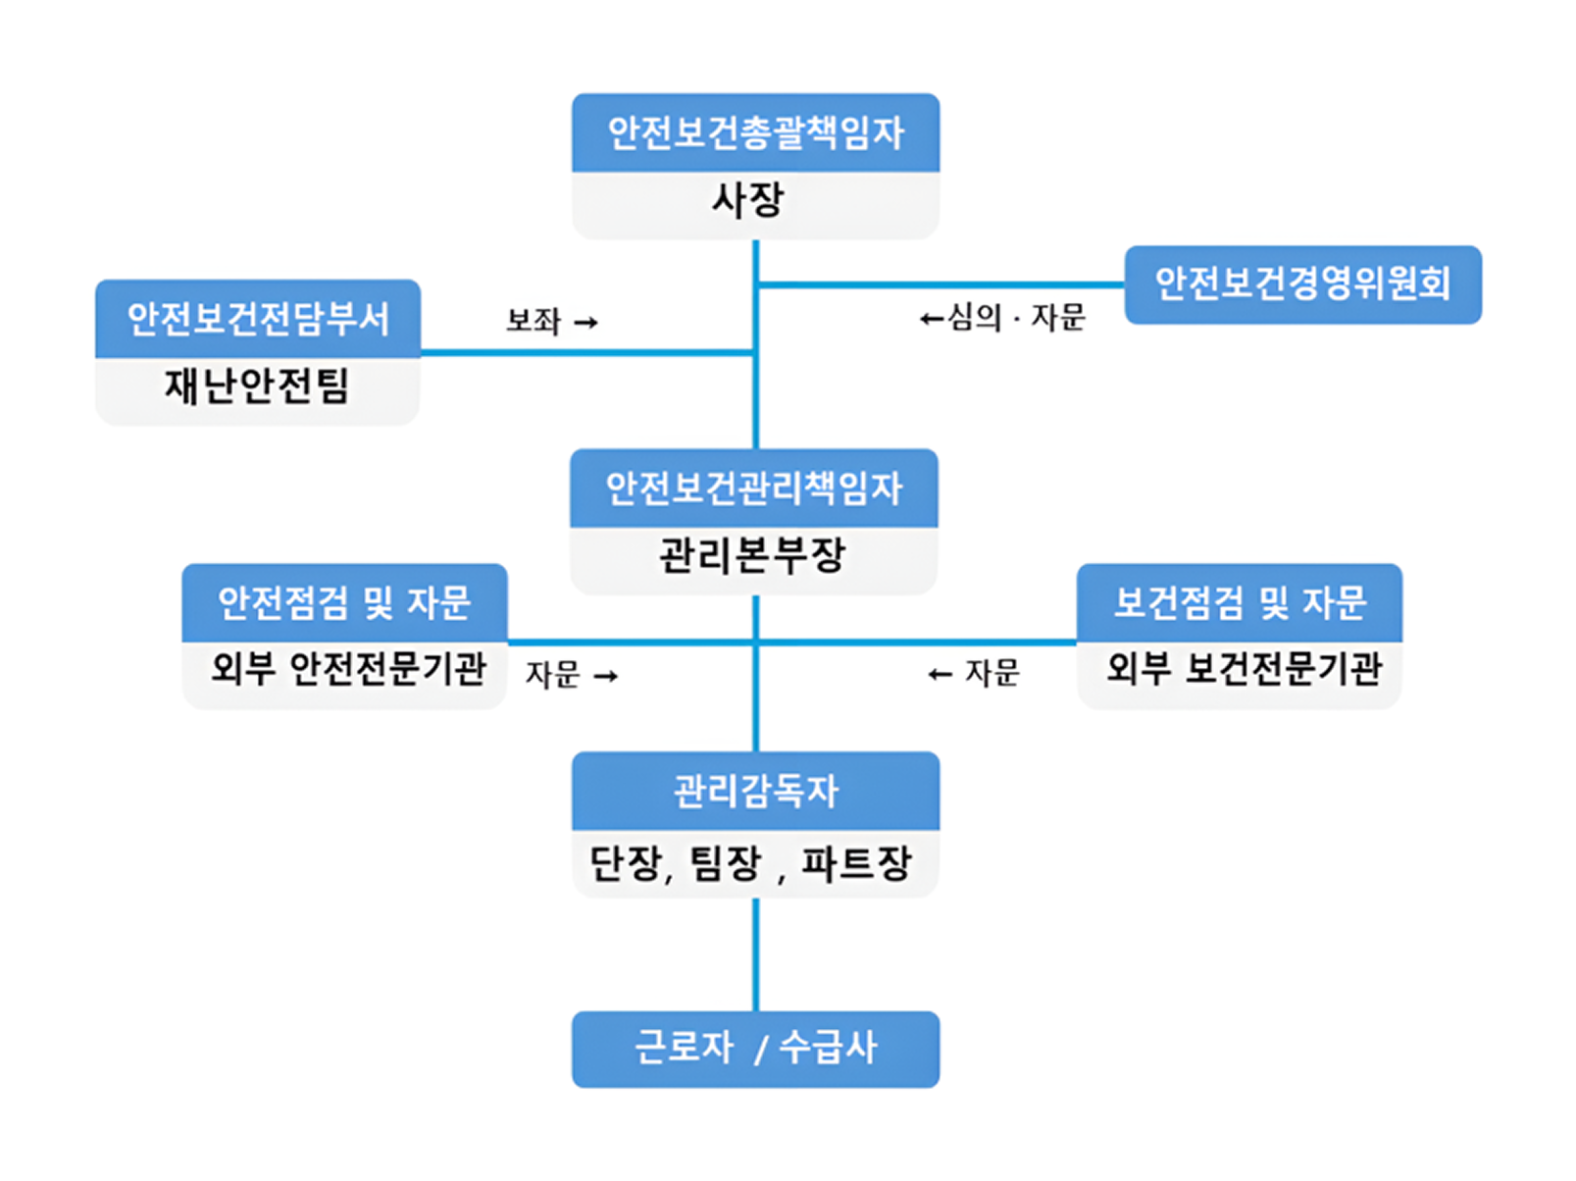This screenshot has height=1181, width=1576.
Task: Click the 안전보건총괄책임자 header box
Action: [x=755, y=132]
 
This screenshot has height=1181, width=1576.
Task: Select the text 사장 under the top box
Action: [x=747, y=201]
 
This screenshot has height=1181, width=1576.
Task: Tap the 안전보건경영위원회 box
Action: [x=1302, y=283]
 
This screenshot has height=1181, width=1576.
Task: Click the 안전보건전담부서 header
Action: [x=258, y=319]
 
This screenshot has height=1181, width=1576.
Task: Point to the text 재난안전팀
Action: [x=257, y=385]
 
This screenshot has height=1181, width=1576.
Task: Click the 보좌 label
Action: [x=533, y=321]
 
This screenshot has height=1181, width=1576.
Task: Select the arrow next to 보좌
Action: [x=585, y=323]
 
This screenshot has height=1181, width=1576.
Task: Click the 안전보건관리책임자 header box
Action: [x=753, y=488]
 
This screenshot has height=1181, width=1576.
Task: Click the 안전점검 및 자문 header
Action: [x=344, y=602]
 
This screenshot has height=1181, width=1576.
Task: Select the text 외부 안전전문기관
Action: [x=348, y=670]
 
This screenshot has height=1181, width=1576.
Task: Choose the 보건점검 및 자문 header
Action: [x=1240, y=602]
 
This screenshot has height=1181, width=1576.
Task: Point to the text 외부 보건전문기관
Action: [x=1244, y=670]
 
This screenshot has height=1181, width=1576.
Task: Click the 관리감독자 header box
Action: [x=755, y=791]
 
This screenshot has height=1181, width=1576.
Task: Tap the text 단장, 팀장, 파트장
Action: [x=751, y=864]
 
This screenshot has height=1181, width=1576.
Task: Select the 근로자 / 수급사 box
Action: [x=755, y=1049]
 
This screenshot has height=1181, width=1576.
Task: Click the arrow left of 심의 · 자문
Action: [x=932, y=319]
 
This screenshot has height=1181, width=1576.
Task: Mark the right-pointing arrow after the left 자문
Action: [x=606, y=676]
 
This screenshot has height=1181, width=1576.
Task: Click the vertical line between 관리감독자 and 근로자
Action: [x=755, y=953]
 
